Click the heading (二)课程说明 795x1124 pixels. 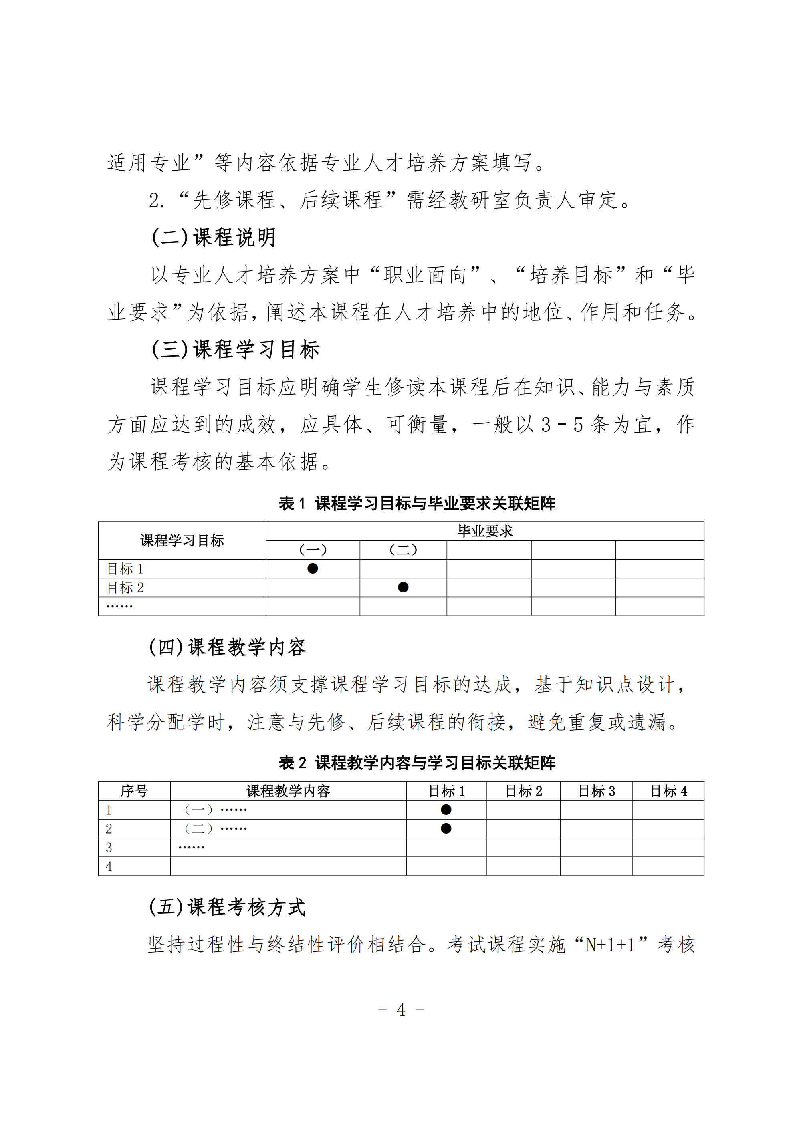(x=214, y=238)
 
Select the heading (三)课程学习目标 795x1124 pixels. (x=235, y=350)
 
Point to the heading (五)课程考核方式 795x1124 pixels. (x=227, y=907)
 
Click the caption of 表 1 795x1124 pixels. (x=417, y=503)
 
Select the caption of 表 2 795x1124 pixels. (x=417, y=763)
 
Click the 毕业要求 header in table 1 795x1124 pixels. (x=484, y=531)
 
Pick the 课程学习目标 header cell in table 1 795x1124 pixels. (x=182, y=540)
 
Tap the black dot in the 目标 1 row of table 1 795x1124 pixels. (x=313, y=568)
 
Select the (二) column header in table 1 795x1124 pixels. (x=403, y=550)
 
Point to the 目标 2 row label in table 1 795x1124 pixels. (x=125, y=588)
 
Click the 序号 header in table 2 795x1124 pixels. (x=134, y=791)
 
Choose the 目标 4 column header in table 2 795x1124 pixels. (x=668, y=791)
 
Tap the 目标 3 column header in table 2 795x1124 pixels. (x=596, y=791)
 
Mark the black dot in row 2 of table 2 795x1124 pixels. (x=446, y=828)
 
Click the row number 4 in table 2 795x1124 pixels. (x=109, y=866)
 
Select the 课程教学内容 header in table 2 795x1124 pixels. (x=288, y=791)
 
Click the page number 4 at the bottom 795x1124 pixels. (x=401, y=1010)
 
